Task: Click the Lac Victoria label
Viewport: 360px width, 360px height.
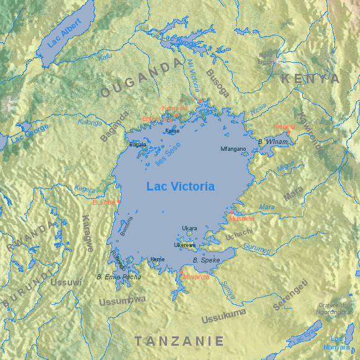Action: point(181,186)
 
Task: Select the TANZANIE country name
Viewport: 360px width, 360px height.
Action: point(179,341)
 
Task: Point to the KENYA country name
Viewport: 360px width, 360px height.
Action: point(310,79)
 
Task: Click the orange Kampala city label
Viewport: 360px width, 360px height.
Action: point(174,108)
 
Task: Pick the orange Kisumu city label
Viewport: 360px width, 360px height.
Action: point(285,127)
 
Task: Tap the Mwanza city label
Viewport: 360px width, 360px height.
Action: point(197,277)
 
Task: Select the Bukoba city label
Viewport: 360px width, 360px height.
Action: point(104,202)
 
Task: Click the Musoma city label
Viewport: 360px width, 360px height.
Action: point(242,218)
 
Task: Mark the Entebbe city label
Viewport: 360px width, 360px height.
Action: point(151,119)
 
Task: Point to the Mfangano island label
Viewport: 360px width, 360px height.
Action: point(233,149)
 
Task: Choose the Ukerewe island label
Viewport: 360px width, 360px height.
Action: point(185,245)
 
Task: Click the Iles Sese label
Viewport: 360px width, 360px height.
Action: point(168,154)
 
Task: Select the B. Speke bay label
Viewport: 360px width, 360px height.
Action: point(206,260)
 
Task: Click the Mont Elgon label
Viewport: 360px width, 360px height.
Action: point(265,59)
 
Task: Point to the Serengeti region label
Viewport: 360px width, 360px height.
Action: point(290,295)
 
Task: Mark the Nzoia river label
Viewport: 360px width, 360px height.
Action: point(258,109)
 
